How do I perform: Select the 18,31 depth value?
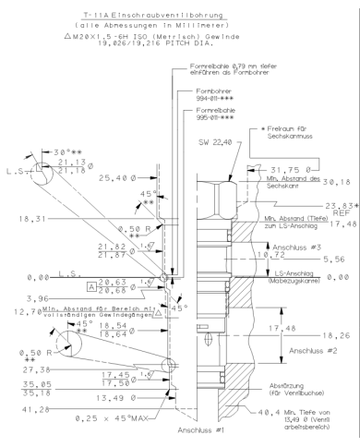pyautogui.click(x=31, y=246)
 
